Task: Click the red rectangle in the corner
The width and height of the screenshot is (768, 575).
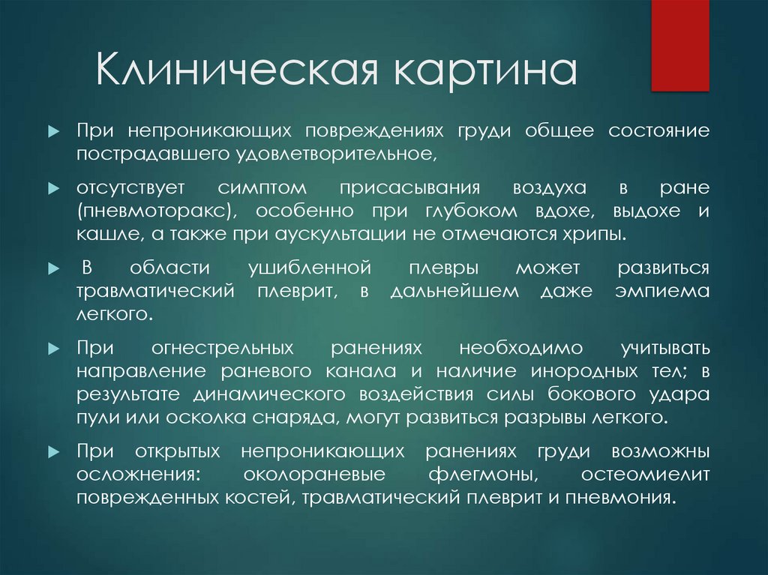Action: (680, 45)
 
